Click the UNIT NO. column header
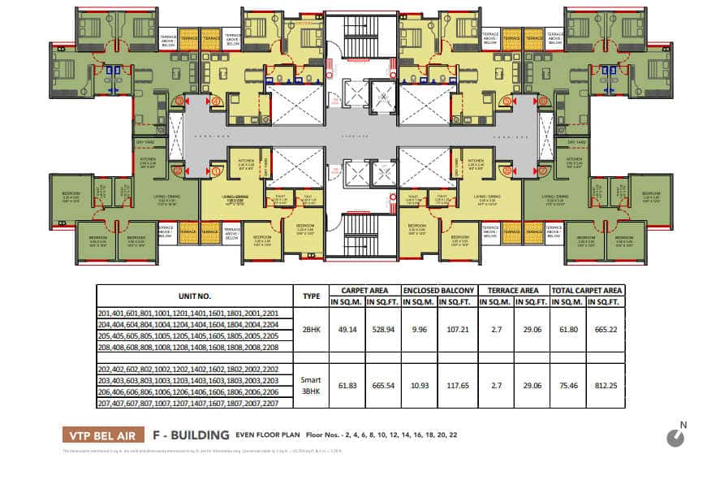click(194, 296)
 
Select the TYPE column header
click(310, 296)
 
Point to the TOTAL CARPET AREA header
click(587, 290)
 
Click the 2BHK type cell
click(310, 331)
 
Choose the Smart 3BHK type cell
click(310, 386)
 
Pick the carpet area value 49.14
click(347, 331)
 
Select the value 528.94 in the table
click(383, 331)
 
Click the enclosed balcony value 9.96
click(420, 331)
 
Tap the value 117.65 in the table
click(457, 386)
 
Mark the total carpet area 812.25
click(605, 386)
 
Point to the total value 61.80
click(568, 331)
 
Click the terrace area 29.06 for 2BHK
click(531, 331)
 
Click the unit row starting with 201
click(194, 314)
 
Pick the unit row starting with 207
click(194, 403)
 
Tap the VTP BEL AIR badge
click(103, 435)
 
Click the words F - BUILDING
click(192, 435)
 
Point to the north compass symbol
click(675, 437)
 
